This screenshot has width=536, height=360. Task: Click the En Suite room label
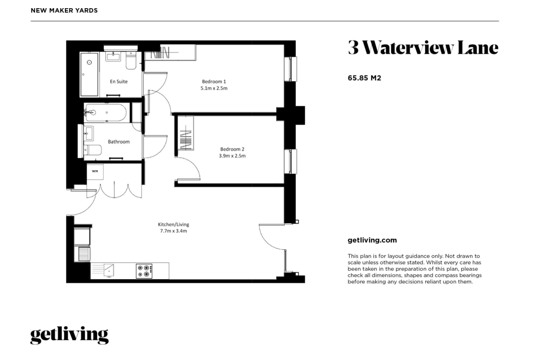tap(119, 82)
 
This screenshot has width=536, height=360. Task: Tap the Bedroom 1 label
tap(214, 82)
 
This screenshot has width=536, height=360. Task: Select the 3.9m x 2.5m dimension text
tap(232, 156)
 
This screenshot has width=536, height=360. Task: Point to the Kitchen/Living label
tap(174, 224)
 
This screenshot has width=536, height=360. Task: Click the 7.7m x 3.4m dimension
tap(174, 231)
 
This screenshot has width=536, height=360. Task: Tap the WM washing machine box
tap(95, 172)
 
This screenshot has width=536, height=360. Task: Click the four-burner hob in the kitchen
tap(144, 271)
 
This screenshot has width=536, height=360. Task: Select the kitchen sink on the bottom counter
tap(109, 270)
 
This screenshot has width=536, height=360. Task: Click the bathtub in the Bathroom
tap(105, 113)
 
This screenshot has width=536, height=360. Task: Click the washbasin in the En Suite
tap(113, 56)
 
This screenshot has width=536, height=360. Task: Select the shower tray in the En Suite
tap(89, 74)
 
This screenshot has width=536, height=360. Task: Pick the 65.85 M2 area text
tap(364, 78)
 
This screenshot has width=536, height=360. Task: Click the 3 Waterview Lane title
tap(423, 48)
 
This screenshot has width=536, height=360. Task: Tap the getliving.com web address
tap(372, 240)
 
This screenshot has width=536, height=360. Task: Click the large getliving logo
tap(69, 335)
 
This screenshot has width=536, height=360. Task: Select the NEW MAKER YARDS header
tap(64, 10)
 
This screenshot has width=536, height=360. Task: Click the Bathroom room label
tap(119, 142)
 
